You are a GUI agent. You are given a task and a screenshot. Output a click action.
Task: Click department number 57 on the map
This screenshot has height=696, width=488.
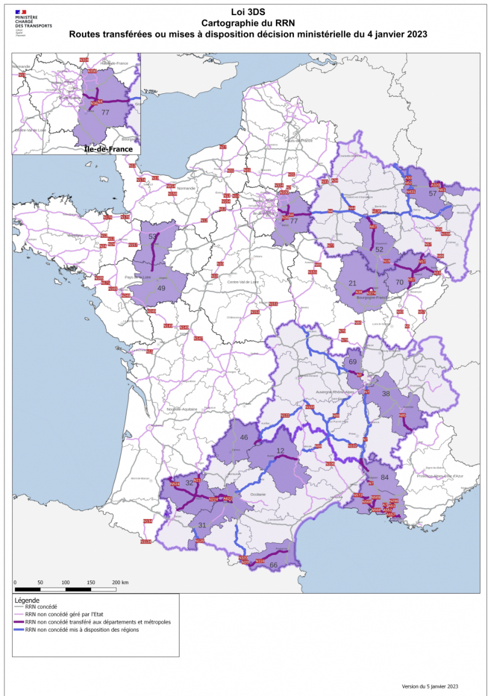coord(433,193)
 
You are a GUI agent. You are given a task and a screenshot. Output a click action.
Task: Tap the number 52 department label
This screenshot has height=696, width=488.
coord(379,249)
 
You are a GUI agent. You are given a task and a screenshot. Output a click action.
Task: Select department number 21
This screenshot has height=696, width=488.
coord(352,284)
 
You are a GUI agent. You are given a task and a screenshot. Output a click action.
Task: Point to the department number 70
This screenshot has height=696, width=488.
coord(399,282)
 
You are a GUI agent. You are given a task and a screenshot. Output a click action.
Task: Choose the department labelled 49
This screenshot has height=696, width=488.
coord(161,288)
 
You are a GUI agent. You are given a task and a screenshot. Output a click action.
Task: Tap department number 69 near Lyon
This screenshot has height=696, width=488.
coord(353,362)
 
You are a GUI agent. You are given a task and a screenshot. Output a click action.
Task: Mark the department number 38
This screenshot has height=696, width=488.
coord(386,394)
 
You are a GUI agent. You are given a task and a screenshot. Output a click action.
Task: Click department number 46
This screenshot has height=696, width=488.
coord(244,438)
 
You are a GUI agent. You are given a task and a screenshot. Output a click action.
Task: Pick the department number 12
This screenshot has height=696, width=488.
coord(280,451)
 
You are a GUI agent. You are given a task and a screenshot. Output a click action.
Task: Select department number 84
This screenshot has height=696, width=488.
coord(385,477)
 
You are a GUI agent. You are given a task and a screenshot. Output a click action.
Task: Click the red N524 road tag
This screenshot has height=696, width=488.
coord(175,484)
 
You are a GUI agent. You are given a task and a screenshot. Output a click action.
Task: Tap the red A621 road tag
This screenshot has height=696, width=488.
coord(228,499)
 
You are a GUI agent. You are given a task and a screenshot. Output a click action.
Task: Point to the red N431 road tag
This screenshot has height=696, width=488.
coord(411,191)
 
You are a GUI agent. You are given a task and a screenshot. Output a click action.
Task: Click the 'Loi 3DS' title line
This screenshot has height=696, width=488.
coord(248,11)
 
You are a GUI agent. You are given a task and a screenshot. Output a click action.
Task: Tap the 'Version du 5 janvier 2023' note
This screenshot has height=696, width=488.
coord(430,686)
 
